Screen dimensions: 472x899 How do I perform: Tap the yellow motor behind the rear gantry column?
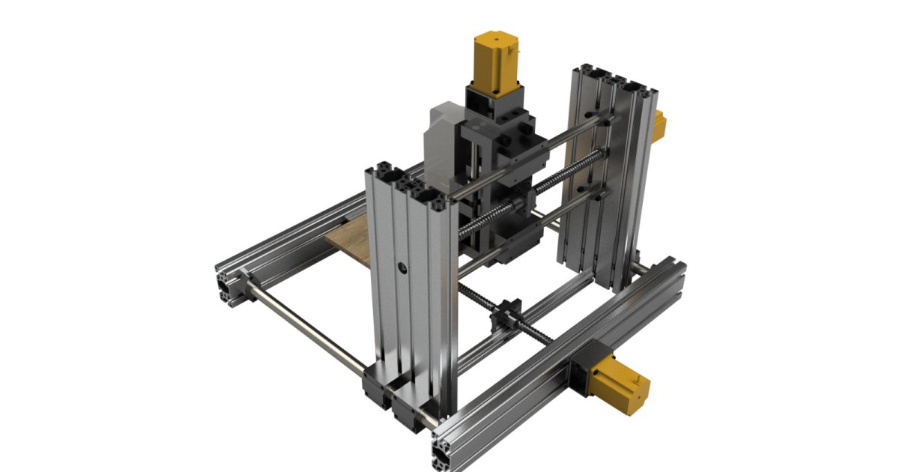coord(659,126)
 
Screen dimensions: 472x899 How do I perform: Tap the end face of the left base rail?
coord(225,284)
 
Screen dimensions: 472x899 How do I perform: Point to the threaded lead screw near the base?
coord(524,330)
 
